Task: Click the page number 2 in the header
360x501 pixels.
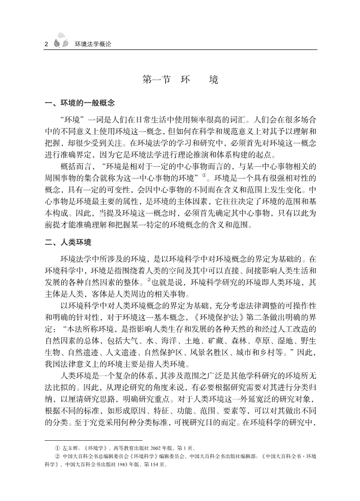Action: tap(46, 43)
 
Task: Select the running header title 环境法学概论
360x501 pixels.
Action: tap(92, 44)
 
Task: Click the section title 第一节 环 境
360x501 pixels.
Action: tap(181, 80)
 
